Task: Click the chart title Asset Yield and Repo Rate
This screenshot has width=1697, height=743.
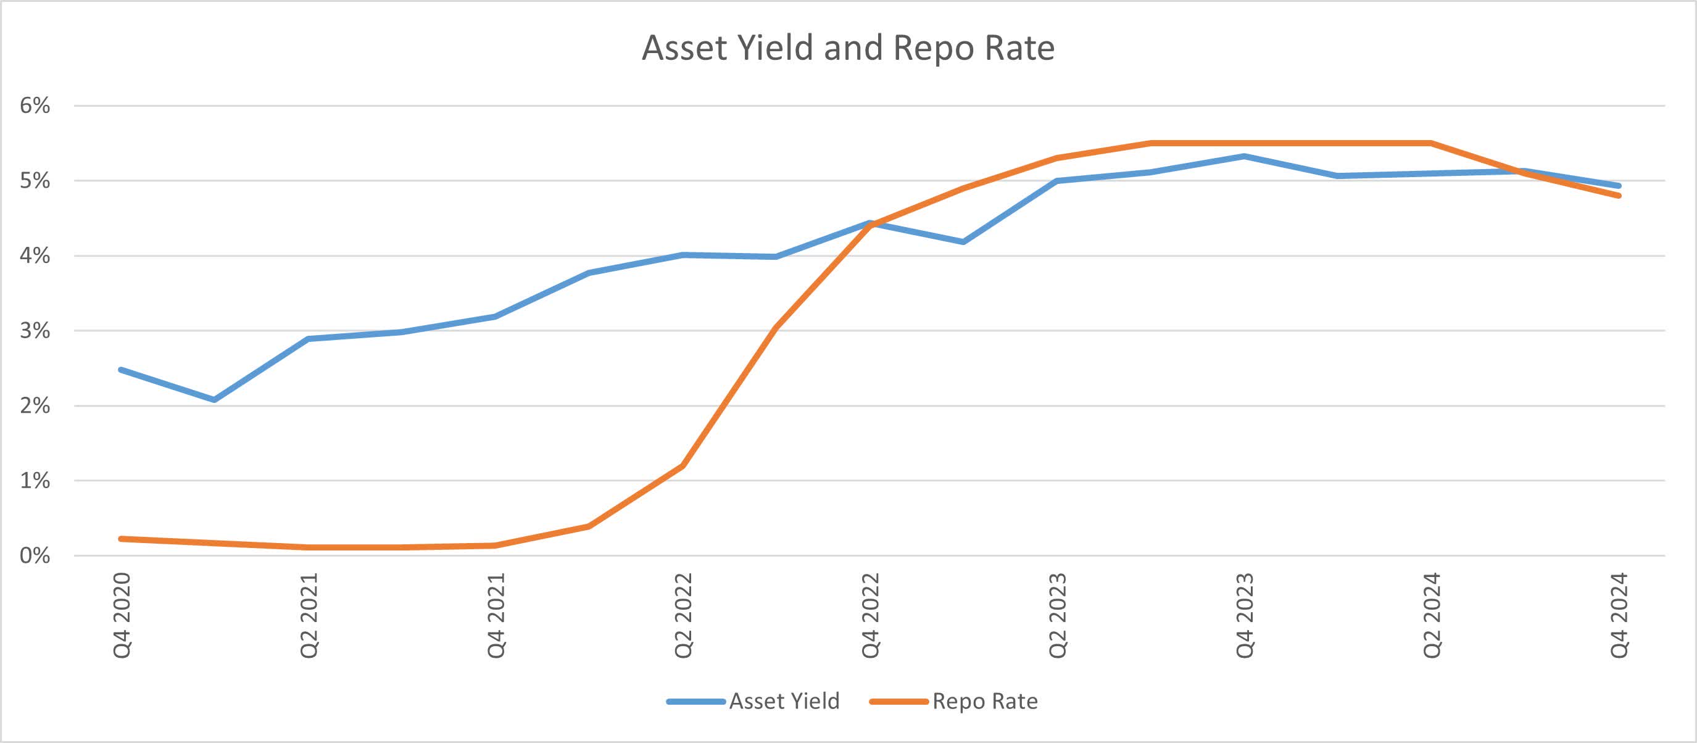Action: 848,48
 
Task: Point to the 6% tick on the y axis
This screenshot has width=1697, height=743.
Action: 35,106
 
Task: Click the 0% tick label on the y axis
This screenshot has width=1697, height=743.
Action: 35,555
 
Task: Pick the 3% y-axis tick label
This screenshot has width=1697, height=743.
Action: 35,331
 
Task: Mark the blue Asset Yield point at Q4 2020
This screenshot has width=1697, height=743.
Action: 121,370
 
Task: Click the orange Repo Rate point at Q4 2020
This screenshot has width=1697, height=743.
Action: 121,539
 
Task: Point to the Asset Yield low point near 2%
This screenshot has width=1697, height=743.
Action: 214,400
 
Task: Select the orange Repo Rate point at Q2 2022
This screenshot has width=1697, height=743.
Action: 683,466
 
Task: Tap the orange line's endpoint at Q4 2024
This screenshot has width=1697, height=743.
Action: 1619,196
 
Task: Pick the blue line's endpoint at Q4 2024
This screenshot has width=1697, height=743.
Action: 1619,186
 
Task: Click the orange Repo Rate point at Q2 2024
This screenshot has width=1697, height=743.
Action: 1431,143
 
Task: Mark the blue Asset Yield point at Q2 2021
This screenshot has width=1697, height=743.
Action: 309,339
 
